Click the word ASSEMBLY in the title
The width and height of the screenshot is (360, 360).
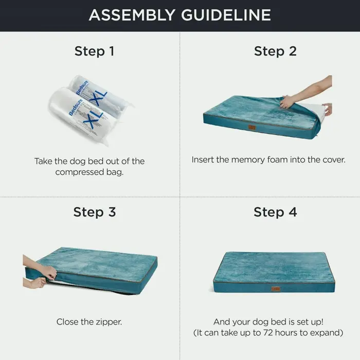pyautogui.click(x=132, y=15)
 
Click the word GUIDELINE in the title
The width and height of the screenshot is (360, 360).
pyautogui.click(x=226, y=15)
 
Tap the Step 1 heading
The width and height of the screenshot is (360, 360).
pyautogui.click(x=94, y=51)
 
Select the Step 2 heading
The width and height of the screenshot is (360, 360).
pyautogui.click(x=275, y=51)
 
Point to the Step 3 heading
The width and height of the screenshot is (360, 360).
pyautogui.click(x=95, y=212)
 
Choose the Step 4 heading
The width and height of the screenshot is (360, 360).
pyautogui.click(x=275, y=212)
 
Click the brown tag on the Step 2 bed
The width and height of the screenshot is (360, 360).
pyautogui.click(x=252, y=128)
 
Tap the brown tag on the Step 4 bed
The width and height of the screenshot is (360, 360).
pyautogui.click(x=276, y=289)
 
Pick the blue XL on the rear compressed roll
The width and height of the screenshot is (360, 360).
pyautogui.click(x=98, y=97)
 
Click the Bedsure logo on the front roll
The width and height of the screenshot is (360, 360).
pyautogui.click(x=76, y=107)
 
